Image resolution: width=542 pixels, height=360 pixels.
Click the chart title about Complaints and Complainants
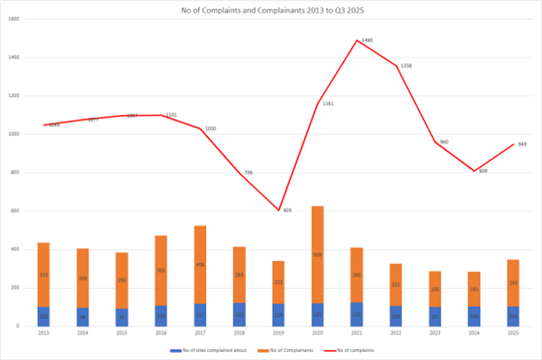click(x=270, y=10)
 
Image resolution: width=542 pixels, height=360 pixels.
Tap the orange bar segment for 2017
click(x=200, y=265)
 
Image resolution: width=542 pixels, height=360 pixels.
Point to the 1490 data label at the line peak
click(x=366, y=40)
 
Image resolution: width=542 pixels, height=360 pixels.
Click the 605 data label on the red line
click(x=287, y=210)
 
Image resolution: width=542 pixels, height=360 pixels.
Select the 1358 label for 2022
click(x=406, y=66)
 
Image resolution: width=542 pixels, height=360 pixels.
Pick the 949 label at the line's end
click(x=522, y=144)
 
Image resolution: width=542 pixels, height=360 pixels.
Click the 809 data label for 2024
click(x=483, y=171)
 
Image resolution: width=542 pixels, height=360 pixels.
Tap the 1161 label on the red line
click(x=328, y=103)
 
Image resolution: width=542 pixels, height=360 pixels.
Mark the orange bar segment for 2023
click(x=435, y=289)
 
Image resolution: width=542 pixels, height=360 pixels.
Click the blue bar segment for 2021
click(x=357, y=314)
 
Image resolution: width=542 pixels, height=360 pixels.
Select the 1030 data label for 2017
click(x=211, y=129)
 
